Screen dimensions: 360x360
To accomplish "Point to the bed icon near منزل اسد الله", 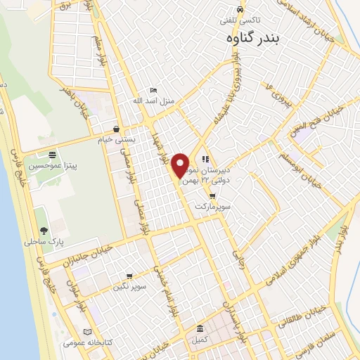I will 153,91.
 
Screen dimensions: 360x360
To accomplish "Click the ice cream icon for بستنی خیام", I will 116,129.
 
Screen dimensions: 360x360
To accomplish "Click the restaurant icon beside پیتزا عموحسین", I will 52,155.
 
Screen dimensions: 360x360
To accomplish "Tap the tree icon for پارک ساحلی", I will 44,231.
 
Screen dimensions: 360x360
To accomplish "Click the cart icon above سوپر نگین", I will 129,276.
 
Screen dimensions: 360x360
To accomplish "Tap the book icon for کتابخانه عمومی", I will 87,332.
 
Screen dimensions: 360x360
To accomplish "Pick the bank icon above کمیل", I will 200,329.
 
